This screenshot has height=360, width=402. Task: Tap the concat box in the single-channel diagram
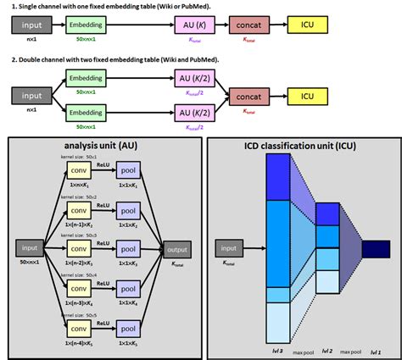[250, 27]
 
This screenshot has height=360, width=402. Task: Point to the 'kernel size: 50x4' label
[77, 274]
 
